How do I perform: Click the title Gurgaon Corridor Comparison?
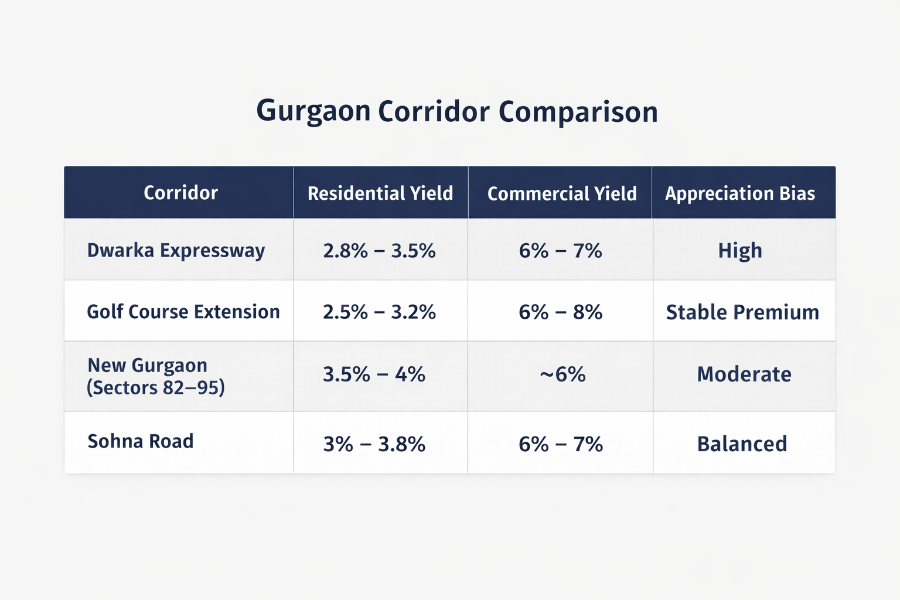(457, 111)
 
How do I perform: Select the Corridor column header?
(180, 193)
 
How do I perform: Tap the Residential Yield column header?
(380, 193)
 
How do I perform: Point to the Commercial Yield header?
(562, 193)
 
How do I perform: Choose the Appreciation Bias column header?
(740, 193)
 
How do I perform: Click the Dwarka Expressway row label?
(176, 251)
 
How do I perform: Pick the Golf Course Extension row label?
(183, 312)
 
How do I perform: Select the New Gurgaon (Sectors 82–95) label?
(156, 376)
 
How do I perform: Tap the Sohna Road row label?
(141, 441)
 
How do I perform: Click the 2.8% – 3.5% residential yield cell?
(379, 251)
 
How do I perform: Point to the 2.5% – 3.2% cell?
(379, 312)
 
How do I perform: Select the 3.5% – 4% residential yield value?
(374, 374)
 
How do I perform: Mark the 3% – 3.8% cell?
(374, 444)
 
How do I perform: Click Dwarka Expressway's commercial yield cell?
(561, 251)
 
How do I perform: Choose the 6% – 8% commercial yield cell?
(561, 312)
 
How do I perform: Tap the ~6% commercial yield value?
(562, 374)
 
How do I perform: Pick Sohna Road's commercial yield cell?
(561, 444)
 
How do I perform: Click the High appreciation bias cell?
(740, 251)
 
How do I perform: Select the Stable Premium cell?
(742, 312)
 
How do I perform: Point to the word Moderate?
(744, 374)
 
